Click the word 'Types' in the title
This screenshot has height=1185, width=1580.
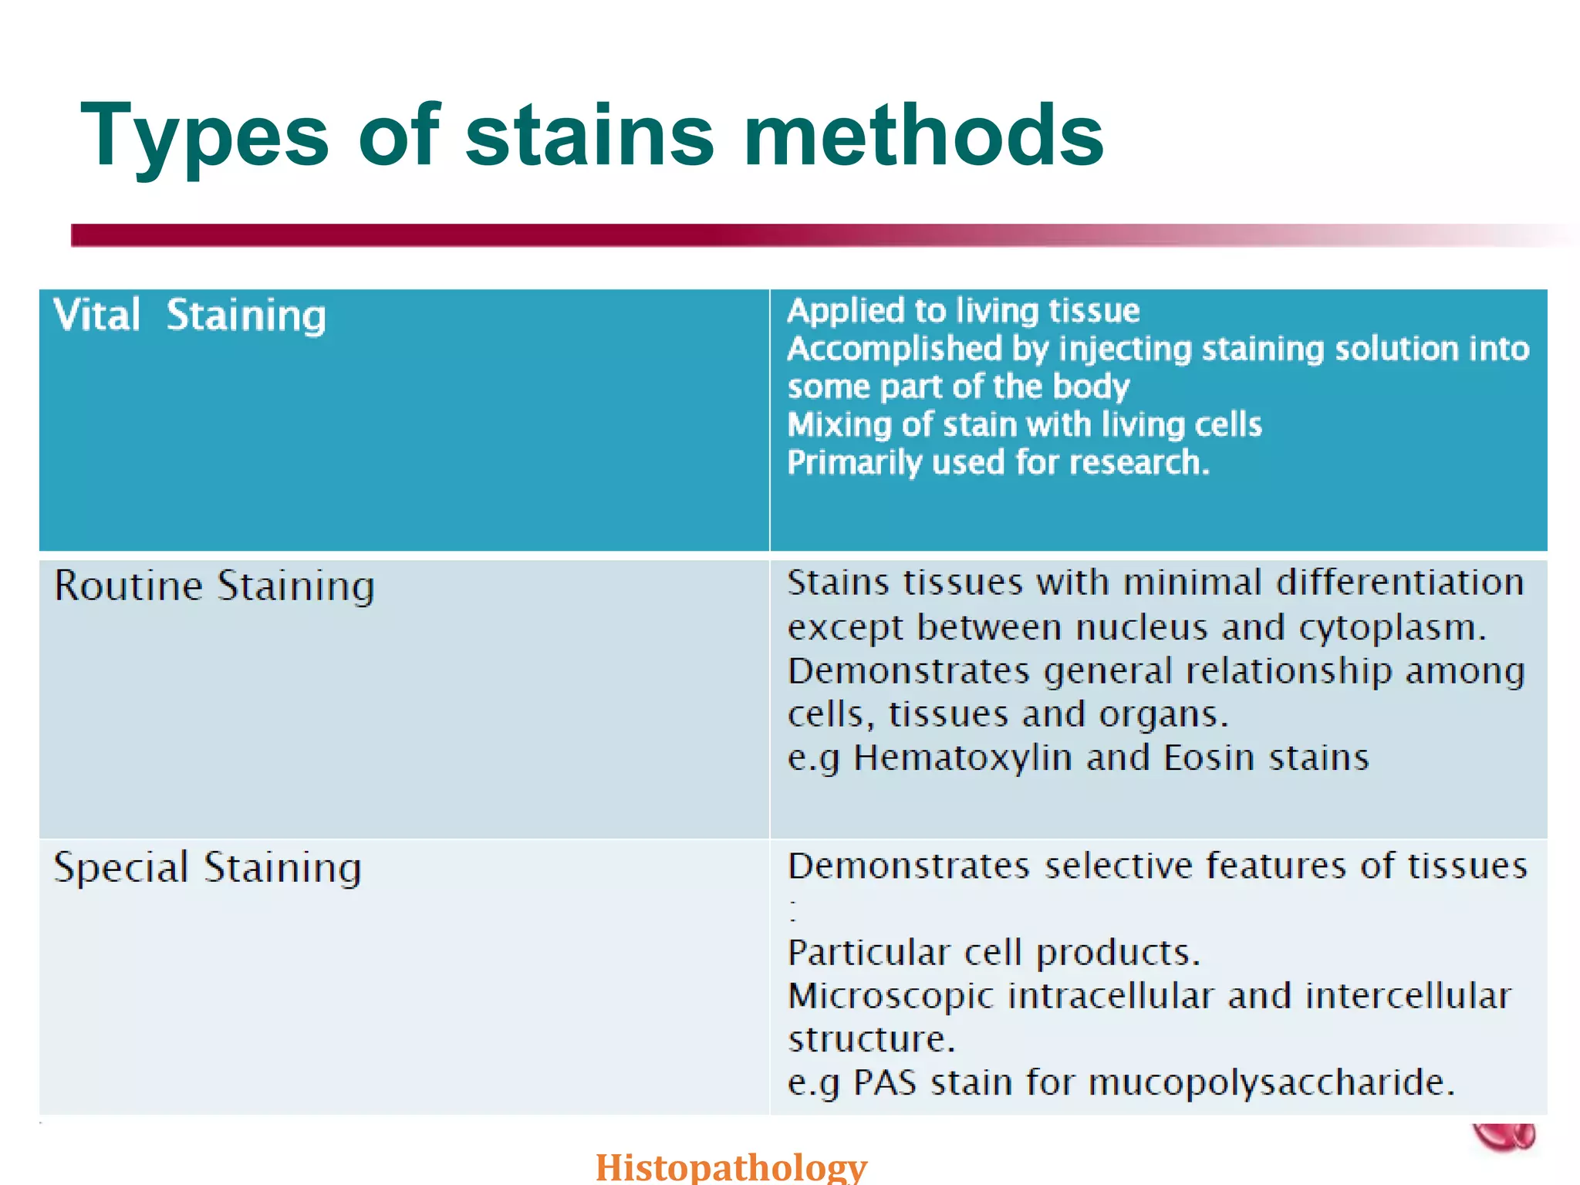[205, 137]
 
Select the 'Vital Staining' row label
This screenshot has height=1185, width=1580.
[190, 316]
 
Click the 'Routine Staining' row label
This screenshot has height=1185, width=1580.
[214, 586]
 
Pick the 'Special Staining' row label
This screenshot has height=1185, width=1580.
[208, 868]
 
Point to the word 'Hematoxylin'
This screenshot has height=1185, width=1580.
[963, 758]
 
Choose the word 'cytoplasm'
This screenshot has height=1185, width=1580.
[1392, 628]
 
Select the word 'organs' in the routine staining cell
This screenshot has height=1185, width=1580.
[1163, 714]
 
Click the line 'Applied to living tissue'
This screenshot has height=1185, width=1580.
[963, 311]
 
